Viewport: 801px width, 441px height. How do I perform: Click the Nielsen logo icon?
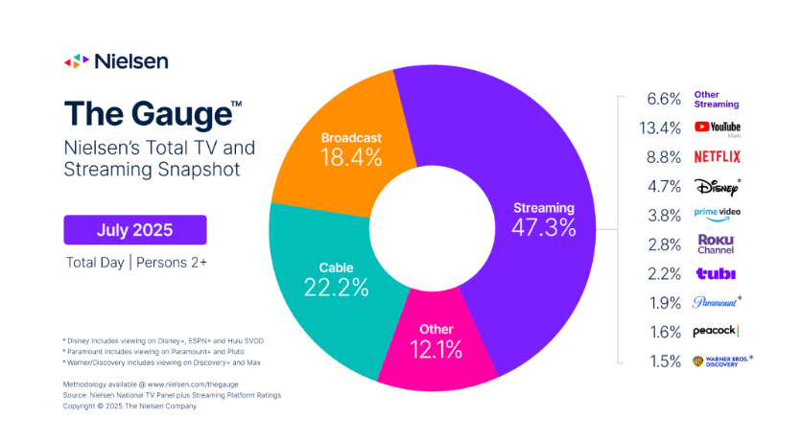(76, 61)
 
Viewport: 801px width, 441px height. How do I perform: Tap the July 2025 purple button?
(135, 230)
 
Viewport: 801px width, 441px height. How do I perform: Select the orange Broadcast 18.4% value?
(351, 158)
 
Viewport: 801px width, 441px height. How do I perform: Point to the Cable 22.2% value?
(336, 288)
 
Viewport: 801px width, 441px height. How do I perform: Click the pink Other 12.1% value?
(436, 350)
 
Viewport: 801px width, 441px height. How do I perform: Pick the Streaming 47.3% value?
(544, 227)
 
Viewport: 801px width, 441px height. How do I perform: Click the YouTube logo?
(718, 128)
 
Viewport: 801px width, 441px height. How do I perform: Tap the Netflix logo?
(718, 156)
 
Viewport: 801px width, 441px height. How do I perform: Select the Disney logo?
(718, 186)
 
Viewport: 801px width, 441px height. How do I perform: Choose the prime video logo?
(718, 215)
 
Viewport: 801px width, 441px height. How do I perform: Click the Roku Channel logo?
(717, 244)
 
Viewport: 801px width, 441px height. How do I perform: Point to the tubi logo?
(716, 273)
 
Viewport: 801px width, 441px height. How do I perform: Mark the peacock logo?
(716, 331)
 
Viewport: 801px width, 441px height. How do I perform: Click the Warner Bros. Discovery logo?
(722, 360)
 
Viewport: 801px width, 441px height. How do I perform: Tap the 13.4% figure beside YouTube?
(660, 128)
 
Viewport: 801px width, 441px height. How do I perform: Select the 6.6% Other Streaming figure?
(664, 99)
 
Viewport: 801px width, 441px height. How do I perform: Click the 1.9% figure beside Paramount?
(665, 303)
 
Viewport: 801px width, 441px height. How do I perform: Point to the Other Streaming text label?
(717, 99)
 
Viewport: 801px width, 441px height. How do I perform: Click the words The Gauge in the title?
(148, 114)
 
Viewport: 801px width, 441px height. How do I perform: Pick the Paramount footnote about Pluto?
(153, 352)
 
